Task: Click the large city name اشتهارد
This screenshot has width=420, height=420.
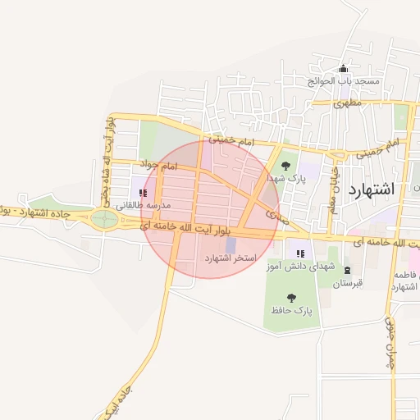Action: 372,189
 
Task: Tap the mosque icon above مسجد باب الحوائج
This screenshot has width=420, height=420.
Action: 343,69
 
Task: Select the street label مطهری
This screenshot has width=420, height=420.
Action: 349,104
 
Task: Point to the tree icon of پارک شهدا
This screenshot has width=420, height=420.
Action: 285,166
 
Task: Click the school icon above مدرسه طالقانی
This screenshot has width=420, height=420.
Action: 144,194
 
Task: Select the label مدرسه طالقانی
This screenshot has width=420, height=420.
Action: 144,205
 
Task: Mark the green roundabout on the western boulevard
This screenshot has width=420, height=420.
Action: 104,218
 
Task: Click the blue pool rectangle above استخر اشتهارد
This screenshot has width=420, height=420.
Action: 231,245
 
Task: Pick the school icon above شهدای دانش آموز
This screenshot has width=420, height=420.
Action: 300,254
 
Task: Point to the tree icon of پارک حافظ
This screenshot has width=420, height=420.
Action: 291,298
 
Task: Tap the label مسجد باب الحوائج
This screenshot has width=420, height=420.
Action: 344,82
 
